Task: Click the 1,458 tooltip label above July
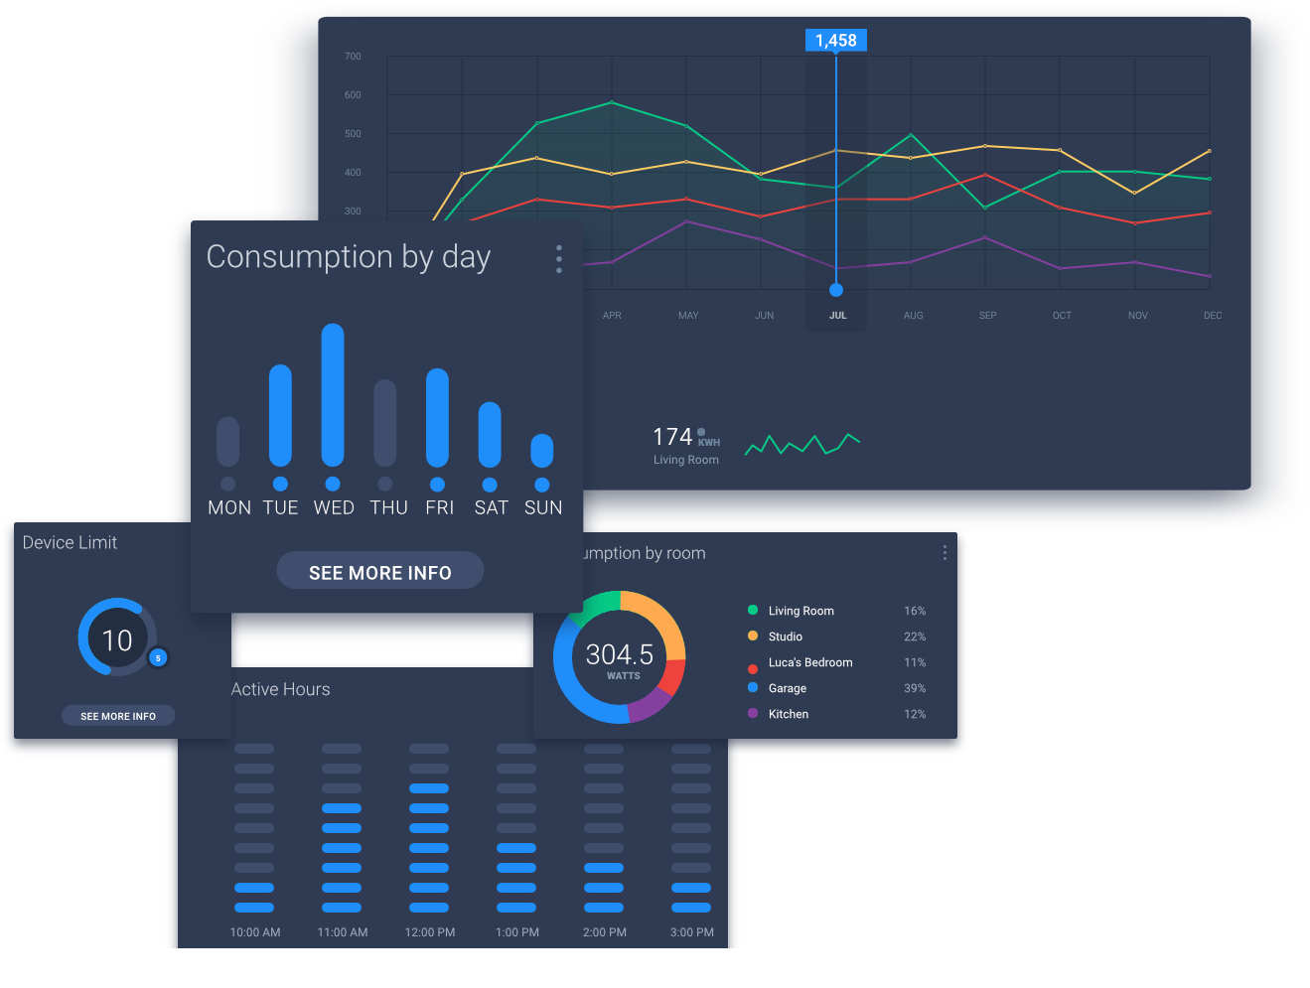point(835,41)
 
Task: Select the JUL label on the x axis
point(838,316)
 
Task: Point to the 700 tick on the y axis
point(353,57)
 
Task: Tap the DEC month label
point(1213,316)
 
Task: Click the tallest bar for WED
point(333,395)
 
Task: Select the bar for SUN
point(541,451)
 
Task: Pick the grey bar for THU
point(385,423)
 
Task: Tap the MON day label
point(229,507)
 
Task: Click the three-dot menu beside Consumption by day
point(559,258)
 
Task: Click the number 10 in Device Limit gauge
point(117,640)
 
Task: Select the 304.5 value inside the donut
point(620,654)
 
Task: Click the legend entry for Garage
point(788,688)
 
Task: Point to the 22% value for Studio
point(915,636)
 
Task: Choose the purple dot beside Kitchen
point(753,713)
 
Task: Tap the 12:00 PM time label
point(430,932)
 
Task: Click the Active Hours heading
point(281,689)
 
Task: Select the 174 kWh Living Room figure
point(672,437)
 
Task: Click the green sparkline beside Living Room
point(801,444)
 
